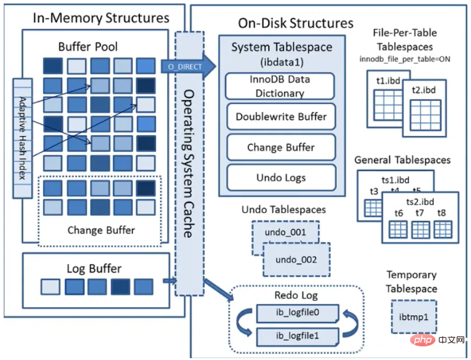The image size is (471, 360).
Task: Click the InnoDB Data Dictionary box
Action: pyautogui.click(x=280, y=86)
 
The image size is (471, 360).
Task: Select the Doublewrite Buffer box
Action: pyautogui.click(x=281, y=116)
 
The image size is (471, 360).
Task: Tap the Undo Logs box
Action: pyautogui.click(x=281, y=178)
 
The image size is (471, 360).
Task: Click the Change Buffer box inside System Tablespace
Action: pyautogui.click(x=281, y=147)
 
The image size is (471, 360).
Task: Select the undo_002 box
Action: pyautogui.click(x=296, y=260)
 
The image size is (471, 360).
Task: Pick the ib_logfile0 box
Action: pyautogui.click(x=297, y=314)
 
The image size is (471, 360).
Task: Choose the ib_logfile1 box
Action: pyautogui.click(x=297, y=336)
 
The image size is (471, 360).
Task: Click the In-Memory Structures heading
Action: pyautogui.click(x=101, y=18)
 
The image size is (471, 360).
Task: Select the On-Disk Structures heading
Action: pyautogui.click(x=296, y=23)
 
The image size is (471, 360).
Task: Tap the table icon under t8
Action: pyautogui.click(x=442, y=228)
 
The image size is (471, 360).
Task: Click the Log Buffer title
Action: pyautogui.click(x=94, y=268)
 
